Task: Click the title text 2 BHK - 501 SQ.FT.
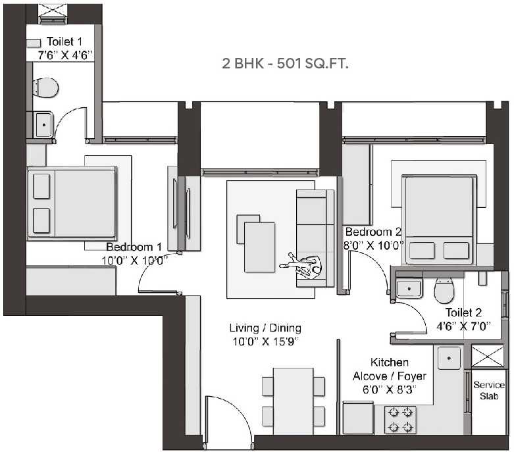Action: (x=285, y=64)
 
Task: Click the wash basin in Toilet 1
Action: (x=43, y=124)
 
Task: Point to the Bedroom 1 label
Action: (x=134, y=247)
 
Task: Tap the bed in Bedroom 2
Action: (x=437, y=217)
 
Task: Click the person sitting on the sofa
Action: (x=303, y=266)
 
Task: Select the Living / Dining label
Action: (x=265, y=328)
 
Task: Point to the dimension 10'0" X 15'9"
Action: (x=265, y=340)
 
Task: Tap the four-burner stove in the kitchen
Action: (x=400, y=419)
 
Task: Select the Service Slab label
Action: (x=489, y=390)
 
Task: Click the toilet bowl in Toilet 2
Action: (x=444, y=288)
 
